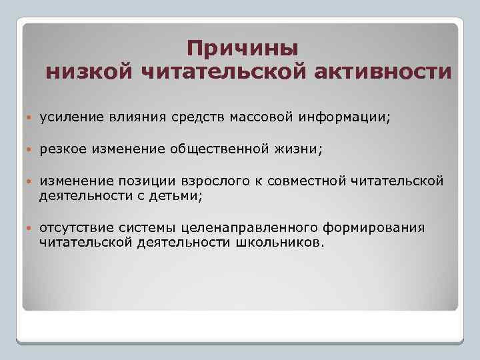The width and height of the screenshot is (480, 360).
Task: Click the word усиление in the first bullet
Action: [x=71, y=117]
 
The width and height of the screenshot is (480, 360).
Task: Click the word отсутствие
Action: [x=75, y=227]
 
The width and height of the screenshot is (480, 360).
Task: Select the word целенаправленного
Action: [x=241, y=227]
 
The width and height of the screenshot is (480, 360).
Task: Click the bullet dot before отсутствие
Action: [x=29, y=228]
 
